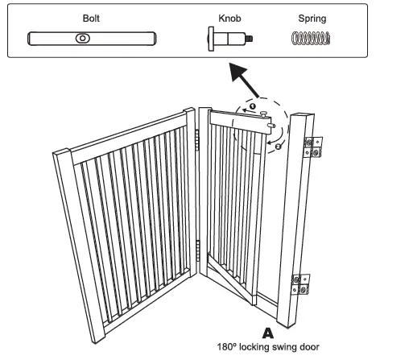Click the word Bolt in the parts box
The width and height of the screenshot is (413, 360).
(91, 16)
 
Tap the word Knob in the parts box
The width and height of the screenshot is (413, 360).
(228, 16)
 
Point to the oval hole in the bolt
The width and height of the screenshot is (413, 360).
(83, 38)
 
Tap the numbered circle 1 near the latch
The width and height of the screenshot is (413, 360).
(251, 106)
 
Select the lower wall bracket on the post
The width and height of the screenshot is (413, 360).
(303, 283)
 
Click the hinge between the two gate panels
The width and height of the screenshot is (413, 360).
(200, 141)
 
